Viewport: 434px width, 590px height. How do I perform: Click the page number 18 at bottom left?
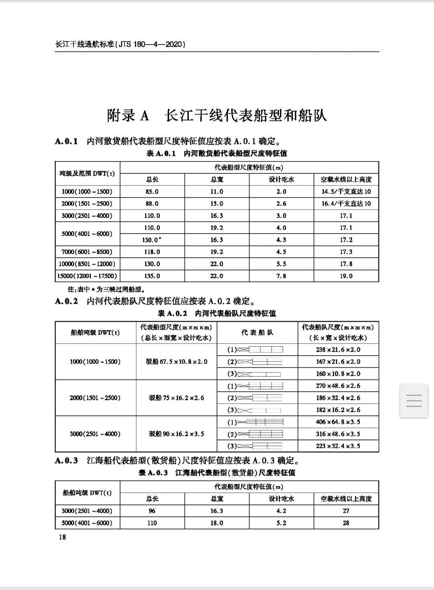pyautogui.click(x=62, y=537)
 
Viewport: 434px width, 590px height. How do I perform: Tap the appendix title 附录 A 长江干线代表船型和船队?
pyautogui.click(x=217, y=116)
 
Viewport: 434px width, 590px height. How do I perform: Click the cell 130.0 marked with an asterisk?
pyautogui.click(x=152, y=240)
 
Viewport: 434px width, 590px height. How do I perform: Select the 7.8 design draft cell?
pyautogui.click(x=281, y=276)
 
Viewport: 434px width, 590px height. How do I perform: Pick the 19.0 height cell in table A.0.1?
pyautogui.click(x=346, y=276)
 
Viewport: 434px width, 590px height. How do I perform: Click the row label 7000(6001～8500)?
pyautogui.click(x=87, y=252)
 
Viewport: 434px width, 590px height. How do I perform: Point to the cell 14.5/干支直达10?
pyautogui.click(x=346, y=191)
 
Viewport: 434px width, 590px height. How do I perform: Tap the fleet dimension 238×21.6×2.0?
pyautogui.click(x=338, y=350)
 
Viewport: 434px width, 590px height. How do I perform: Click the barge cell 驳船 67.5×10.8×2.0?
pyautogui.click(x=176, y=362)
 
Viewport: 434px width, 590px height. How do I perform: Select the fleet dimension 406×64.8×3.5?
pyautogui.click(x=338, y=422)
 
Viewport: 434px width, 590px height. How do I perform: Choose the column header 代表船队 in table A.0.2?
pyautogui.click(x=257, y=332)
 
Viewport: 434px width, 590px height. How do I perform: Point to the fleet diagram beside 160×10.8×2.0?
pyautogui.click(x=259, y=374)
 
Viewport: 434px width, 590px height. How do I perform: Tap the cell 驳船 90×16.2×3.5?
pyautogui.click(x=176, y=434)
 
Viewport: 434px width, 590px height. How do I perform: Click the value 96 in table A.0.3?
pyautogui.click(x=152, y=511)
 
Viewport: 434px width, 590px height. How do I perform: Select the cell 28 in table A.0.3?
pyautogui.click(x=346, y=523)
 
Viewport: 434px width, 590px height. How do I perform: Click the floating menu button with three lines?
pyautogui.click(x=414, y=401)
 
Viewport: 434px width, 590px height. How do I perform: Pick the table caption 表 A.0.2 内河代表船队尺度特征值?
pyautogui.click(x=217, y=313)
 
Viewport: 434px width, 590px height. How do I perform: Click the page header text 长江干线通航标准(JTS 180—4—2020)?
pyautogui.click(x=120, y=44)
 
